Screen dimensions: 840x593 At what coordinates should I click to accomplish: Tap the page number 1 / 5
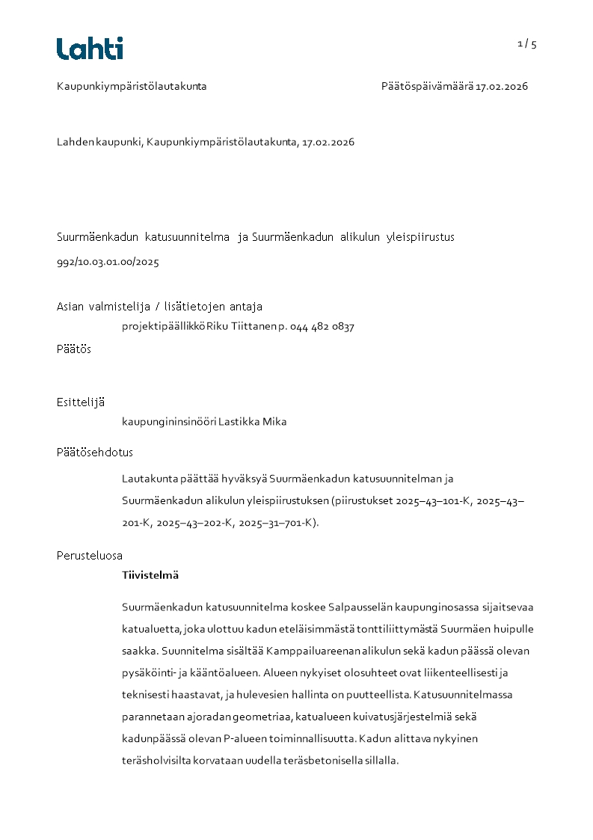526,43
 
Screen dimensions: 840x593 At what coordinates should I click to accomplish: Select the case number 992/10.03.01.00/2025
108,263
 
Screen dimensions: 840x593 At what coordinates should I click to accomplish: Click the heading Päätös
74,349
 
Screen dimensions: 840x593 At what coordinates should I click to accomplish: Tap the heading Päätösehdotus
95,452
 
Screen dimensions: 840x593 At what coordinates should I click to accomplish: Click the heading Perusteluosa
90,555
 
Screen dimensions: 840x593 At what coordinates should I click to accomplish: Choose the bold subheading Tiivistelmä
150,575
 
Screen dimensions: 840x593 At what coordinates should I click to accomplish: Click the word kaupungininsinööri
169,421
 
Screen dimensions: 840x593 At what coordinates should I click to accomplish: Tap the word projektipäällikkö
164,326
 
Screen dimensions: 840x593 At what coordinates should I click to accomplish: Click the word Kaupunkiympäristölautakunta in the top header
132,86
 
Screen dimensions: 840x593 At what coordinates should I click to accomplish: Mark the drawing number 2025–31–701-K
274,523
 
